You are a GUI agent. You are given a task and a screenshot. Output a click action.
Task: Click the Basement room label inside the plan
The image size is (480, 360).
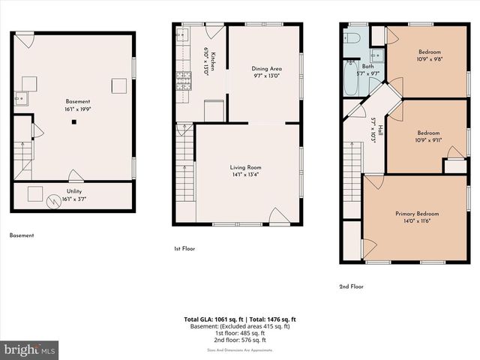click(x=77, y=101)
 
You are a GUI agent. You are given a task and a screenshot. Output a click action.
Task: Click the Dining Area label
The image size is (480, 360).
click(x=265, y=68)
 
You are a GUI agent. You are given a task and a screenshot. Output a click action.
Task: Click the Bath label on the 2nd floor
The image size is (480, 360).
click(x=367, y=67)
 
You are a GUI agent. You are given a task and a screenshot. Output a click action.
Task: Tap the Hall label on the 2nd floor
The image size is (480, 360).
click(x=381, y=130)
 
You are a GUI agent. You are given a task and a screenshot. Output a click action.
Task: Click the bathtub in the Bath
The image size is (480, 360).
click(x=352, y=79)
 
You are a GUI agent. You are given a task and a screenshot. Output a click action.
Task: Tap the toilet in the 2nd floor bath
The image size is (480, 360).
click(x=355, y=37)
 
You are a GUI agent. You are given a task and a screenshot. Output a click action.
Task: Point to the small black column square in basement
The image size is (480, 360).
click(x=73, y=121)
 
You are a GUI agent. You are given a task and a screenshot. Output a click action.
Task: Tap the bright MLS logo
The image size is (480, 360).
click(x=30, y=350)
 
